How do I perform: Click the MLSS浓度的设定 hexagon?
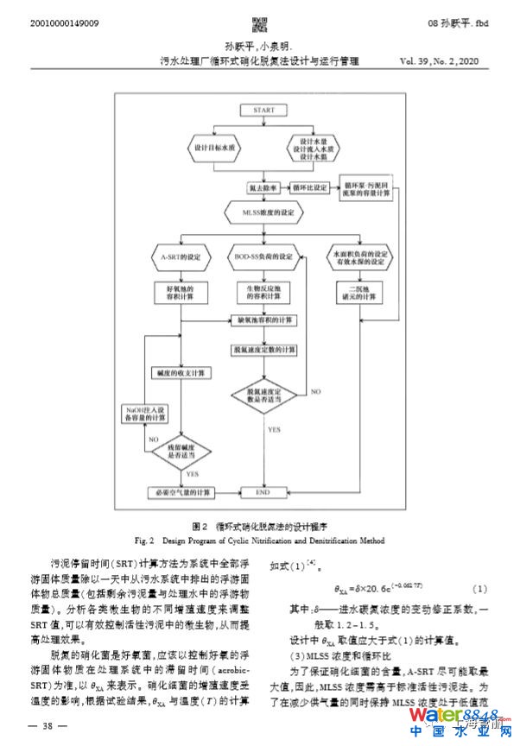[263, 212]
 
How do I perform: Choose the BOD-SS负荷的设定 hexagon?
[263, 257]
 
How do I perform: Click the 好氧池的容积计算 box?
[181, 291]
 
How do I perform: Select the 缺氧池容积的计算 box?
[263, 320]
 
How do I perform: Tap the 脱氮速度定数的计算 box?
[263, 349]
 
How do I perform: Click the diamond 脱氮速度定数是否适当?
[263, 395]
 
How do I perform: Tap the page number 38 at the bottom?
[49, 726]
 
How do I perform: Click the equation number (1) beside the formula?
[479, 589]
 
